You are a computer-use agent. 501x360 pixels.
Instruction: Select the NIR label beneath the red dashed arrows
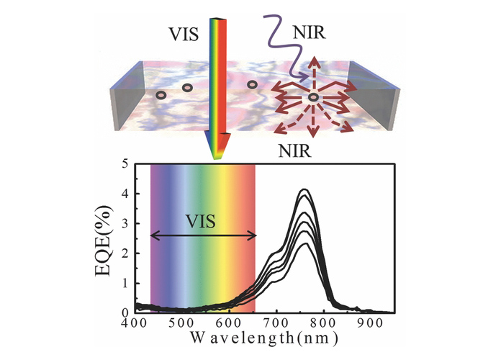tap(296, 153)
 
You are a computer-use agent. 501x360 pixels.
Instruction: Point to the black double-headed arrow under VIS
tap(203, 235)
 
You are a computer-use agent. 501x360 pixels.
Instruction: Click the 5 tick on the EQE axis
tap(126, 164)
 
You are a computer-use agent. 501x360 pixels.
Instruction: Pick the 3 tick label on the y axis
tap(126, 224)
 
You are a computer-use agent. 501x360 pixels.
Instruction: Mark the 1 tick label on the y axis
tap(126, 284)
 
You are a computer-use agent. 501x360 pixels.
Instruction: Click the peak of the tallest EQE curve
tap(304, 190)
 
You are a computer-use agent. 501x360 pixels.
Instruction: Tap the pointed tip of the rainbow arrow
tap(215, 159)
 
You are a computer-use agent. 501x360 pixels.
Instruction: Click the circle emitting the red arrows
tap(314, 96)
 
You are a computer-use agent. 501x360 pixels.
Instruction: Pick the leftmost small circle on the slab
tap(161, 95)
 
